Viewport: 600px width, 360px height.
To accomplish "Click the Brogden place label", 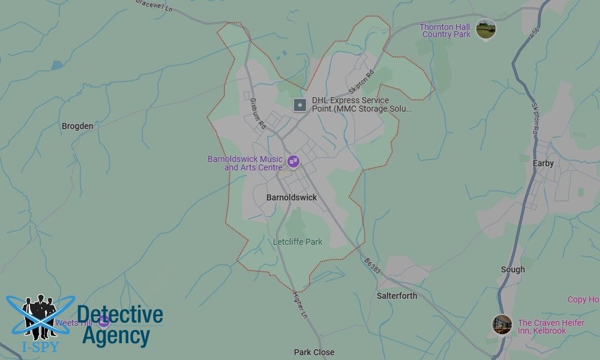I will pos(77,126).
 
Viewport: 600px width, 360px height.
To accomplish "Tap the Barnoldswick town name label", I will pos(292,197).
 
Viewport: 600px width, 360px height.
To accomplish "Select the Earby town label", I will pos(543,163).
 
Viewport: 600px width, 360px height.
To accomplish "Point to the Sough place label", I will pos(512,270).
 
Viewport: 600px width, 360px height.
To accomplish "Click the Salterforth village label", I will pos(397,296).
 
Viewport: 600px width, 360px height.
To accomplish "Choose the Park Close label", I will pos(314,352).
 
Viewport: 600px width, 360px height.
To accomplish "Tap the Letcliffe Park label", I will pos(298,242).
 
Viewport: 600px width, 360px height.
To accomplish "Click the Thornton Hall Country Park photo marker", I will pos(485,28).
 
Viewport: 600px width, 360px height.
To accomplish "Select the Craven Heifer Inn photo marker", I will pos(502,325).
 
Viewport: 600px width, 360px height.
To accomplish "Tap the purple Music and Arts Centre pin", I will pos(293,161).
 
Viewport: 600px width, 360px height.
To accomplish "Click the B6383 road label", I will pos(372,267).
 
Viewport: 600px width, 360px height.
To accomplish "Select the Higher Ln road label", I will pos(299,305).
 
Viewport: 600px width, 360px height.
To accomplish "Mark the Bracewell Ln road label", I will pos(155,5).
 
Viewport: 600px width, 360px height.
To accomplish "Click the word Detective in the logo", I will pos(120,315).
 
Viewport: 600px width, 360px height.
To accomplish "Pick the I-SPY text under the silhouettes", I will pos(31,347).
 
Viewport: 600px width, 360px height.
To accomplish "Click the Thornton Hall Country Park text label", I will pos(445,31).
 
